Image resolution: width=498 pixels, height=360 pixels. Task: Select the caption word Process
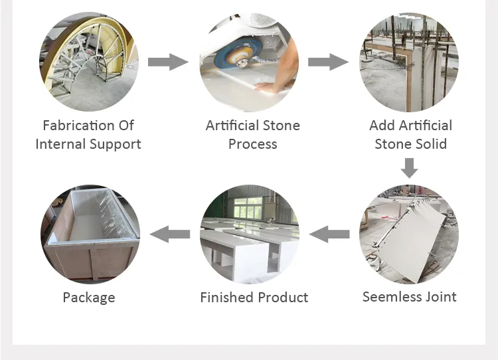pyautogui.click(x=253, y=144)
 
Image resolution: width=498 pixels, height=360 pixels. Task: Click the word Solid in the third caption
pyautogui.click(x=431, y=144)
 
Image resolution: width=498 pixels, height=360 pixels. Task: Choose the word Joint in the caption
pyautogui.click(x=441, y=297)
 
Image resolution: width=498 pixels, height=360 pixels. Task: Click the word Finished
pyautogui.click(x=227, y=298)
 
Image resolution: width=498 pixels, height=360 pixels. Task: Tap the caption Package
pyautogui.click(x=89, y=298)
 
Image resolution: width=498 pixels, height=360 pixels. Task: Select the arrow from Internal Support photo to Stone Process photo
pyautogui.click(x=168, y=62)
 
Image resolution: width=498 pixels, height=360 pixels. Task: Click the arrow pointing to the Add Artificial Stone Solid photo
pyautogui.click(x=328, y=62)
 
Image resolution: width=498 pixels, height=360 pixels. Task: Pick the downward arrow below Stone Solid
pyautogui.click(x=409, y=168)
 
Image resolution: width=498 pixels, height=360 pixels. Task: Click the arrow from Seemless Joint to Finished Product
pyautogui.click(x=329, y=234)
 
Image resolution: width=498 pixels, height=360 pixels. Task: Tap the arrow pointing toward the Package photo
pyautogui.click(x=169, y=234)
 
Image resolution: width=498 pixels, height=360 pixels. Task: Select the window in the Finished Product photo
pyautogui.click(x=249, y=208)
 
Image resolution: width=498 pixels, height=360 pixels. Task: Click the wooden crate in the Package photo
pyautogui.click(x=90, y=235)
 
